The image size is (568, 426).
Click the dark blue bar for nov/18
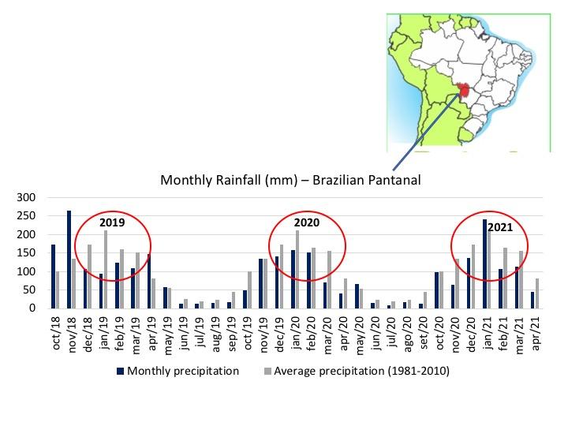(69, 260)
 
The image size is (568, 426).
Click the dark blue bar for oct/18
(53, 277)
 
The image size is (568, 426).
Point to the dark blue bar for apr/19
(149, 282)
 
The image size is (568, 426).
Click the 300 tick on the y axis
(26, 198)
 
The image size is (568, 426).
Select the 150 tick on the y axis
(26, 253)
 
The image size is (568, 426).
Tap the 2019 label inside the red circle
(113, 222)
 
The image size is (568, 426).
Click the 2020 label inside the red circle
(308, 222)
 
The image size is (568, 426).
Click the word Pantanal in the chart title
(390, 180)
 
